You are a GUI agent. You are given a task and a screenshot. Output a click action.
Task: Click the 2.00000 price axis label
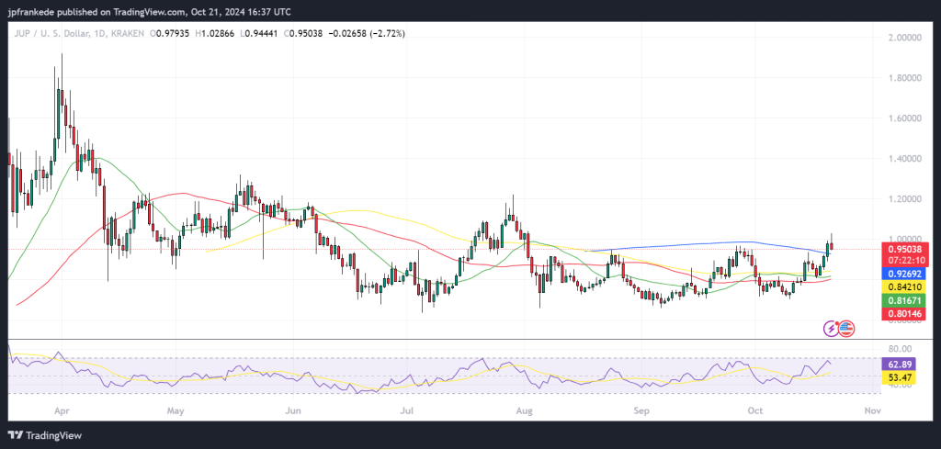(x=906, y=38)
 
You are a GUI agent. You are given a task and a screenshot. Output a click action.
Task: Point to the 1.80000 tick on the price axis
(x=906, y=78)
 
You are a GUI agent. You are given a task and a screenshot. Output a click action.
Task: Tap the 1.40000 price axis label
(x=906, y=159)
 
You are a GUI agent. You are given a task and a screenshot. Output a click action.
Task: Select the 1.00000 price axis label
(x=906, y=239)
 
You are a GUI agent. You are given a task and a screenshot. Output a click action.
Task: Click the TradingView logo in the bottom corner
(x=50, y=434)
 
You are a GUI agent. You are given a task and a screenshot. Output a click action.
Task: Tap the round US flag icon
(x=847, y=328)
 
